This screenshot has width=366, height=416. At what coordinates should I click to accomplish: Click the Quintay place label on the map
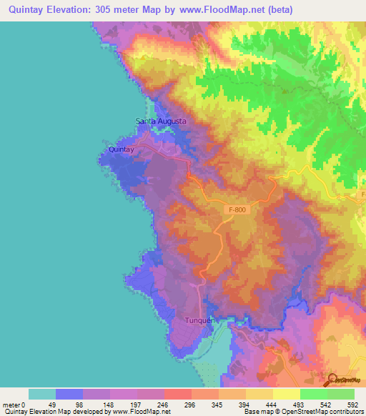(120, 149)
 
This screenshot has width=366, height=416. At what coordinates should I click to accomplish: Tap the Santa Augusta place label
(162, 122)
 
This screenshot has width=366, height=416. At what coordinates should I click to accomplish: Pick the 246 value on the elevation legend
(164, 405)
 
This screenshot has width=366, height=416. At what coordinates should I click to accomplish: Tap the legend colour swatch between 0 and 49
(42, 394)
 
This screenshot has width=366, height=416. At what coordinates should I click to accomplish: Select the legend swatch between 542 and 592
(341, 394)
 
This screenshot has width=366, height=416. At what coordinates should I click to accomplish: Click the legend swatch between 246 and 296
(178, 394)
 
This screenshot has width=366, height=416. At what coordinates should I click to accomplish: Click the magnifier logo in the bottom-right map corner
(331, 380)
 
